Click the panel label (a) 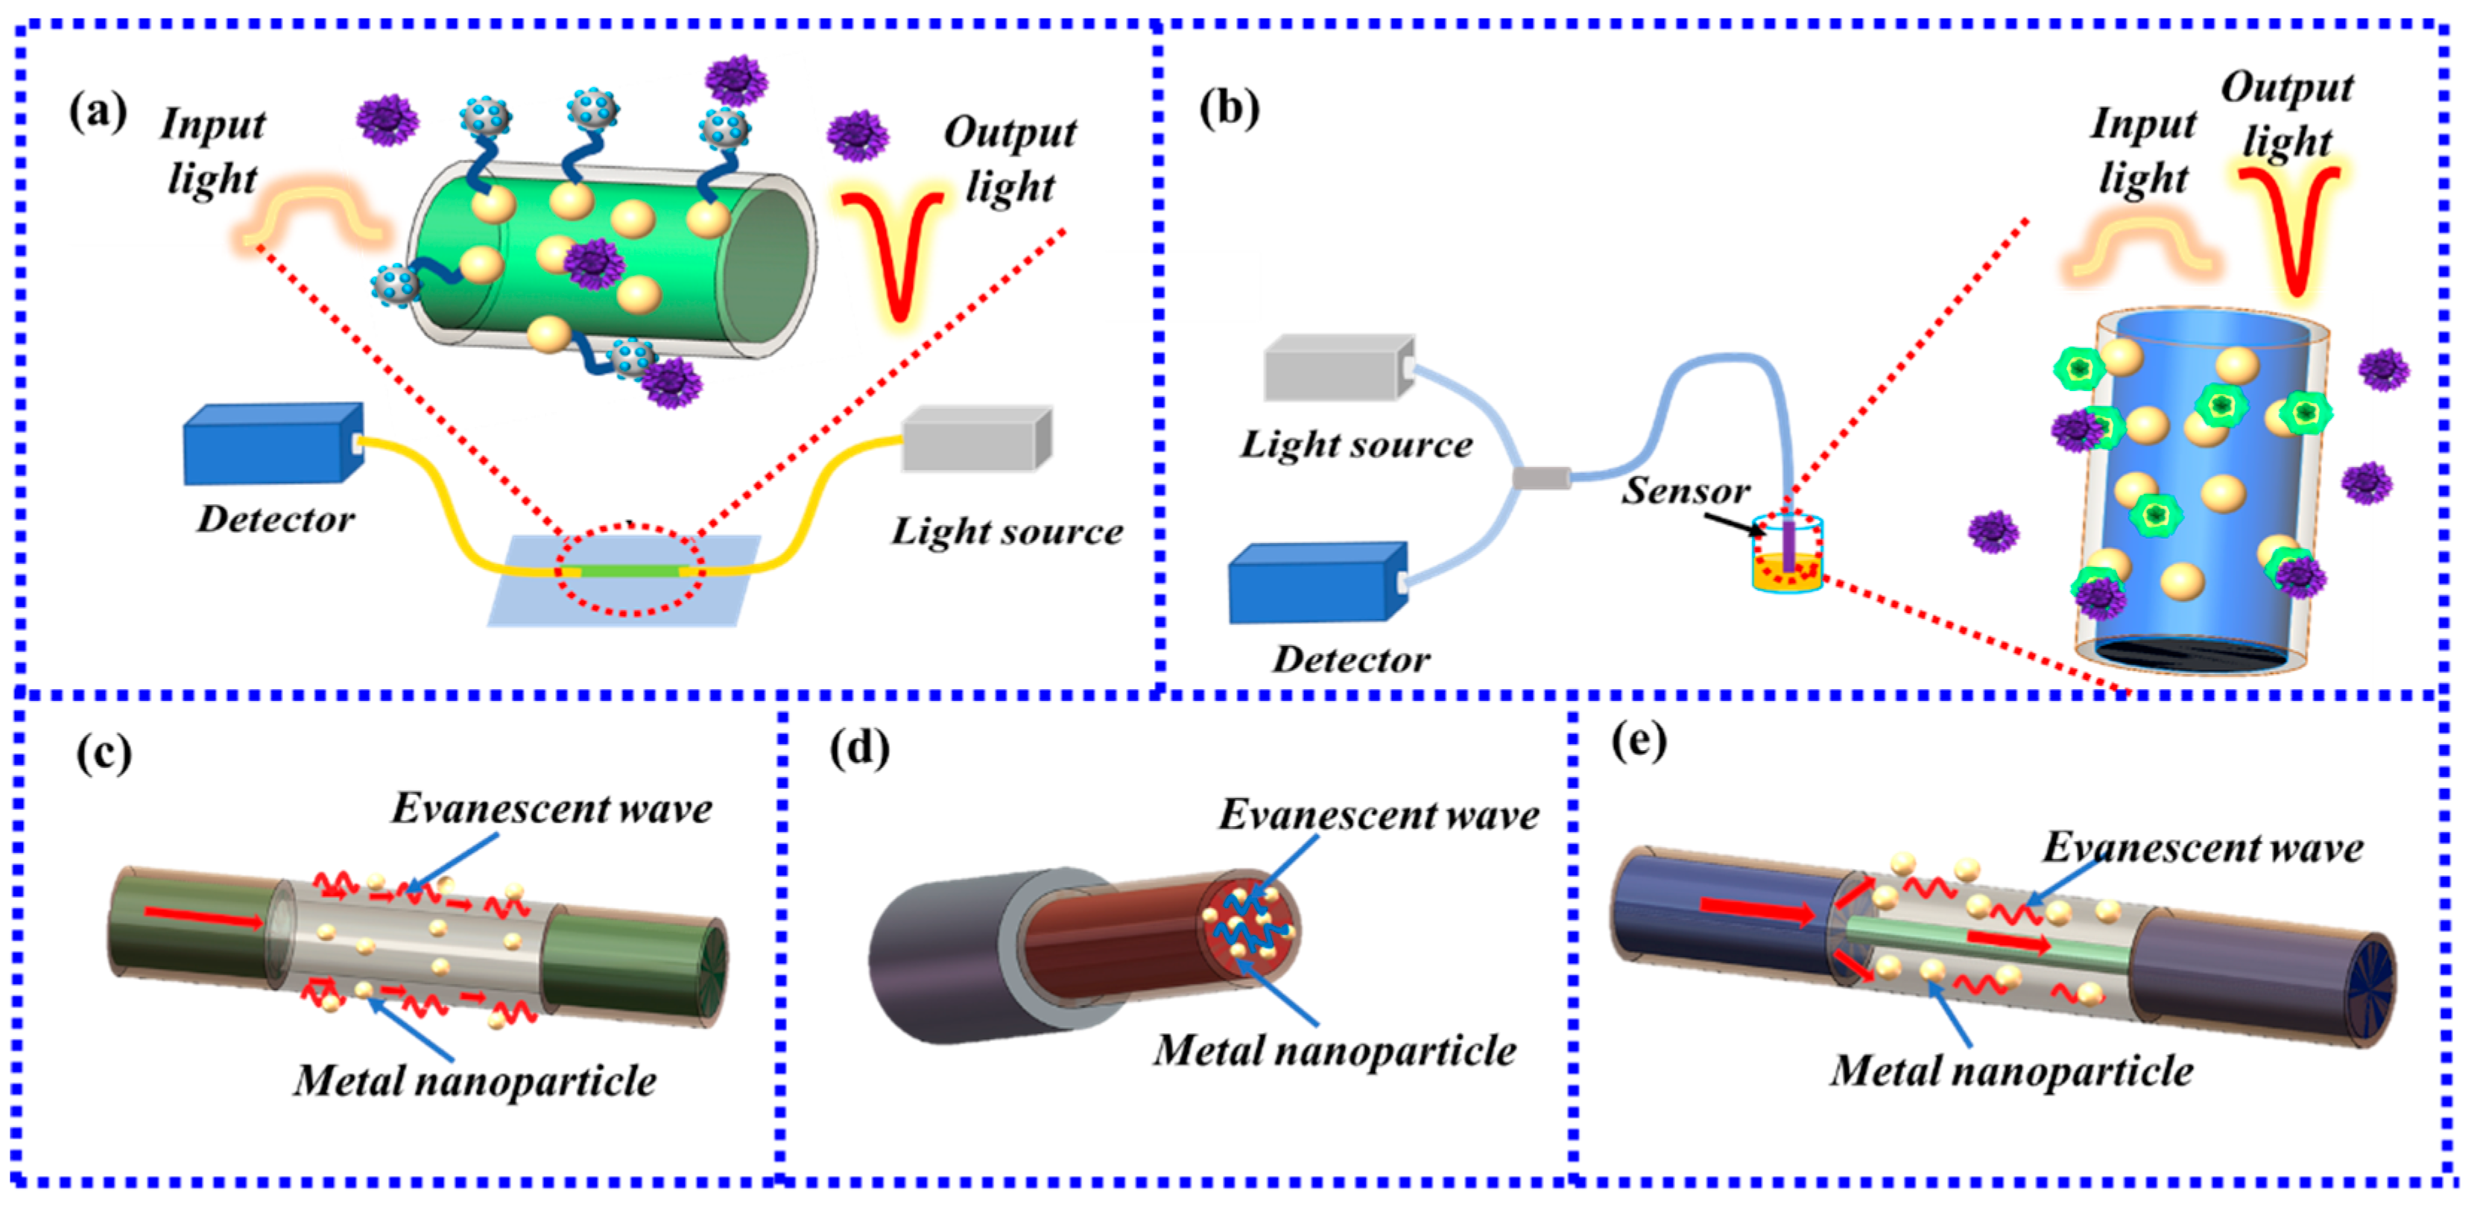[98, 113]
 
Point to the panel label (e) [1639, 740]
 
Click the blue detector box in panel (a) [272, 444]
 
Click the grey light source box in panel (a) [975, 439]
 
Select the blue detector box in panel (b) [1316, 583]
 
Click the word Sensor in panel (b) [1686, 491]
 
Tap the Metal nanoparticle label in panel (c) [475, 1080]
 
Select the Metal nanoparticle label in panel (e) [2011, 1070]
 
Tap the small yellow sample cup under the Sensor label [1786, 571]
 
